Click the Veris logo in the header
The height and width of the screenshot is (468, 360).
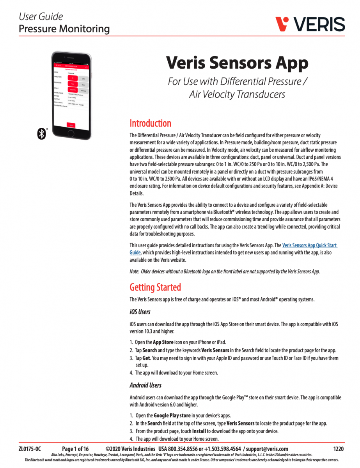coord(310,24)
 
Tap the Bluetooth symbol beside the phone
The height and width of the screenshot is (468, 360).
coord(42,134)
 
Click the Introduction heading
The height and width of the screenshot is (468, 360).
coord(150,123)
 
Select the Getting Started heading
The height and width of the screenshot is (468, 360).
coord(155,287)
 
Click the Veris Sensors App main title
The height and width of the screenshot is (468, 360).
coord(237,63)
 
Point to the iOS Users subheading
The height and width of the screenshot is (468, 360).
coord(140,312)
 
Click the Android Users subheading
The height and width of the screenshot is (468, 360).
coord(145,385)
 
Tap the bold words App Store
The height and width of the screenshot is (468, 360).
coord(163,342)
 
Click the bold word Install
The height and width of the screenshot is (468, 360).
coord(198,431)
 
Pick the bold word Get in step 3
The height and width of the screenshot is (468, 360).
coord(146,358)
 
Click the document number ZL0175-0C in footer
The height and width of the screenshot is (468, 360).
coord(30,449)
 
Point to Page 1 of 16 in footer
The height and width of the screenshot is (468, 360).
coord(75,449)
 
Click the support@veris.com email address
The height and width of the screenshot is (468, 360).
coord(268,449)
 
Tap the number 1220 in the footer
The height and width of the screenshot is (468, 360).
coord(339,449)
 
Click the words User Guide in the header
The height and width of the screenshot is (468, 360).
coord(41,17)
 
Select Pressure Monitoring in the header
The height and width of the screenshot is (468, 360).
coord(64,28)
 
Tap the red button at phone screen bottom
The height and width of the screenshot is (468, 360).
coord(71,125)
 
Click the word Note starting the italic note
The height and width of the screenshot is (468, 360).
coord(134,271)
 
